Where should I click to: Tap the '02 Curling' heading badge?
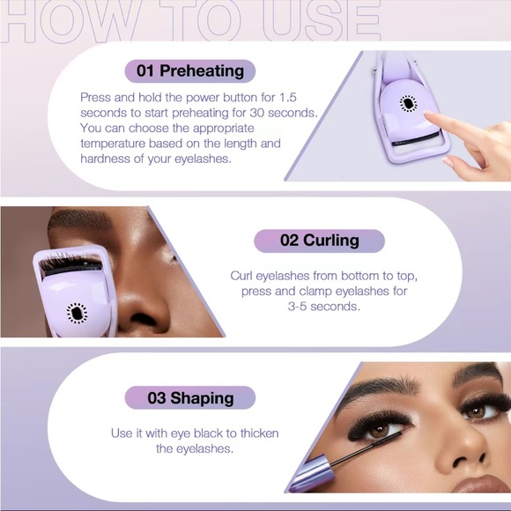point(319,241)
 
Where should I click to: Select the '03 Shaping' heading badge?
point(189,398)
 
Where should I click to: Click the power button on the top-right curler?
point(408,103)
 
